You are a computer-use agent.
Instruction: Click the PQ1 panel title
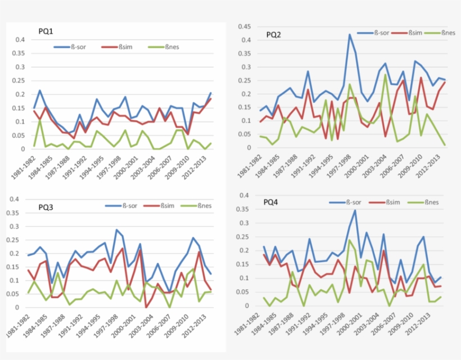(46, 31)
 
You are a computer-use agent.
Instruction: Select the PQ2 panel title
(274, 35)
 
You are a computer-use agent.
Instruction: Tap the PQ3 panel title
(47, 207)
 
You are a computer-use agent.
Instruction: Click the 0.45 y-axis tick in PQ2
(243, 26)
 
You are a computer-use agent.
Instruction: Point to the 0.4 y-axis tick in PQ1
(20, 39)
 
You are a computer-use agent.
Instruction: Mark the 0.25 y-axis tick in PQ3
(20, 240)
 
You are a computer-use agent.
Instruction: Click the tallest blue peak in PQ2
(350, 34)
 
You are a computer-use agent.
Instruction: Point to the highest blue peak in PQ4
(355, 210)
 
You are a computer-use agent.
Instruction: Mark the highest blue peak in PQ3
(116, 230)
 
